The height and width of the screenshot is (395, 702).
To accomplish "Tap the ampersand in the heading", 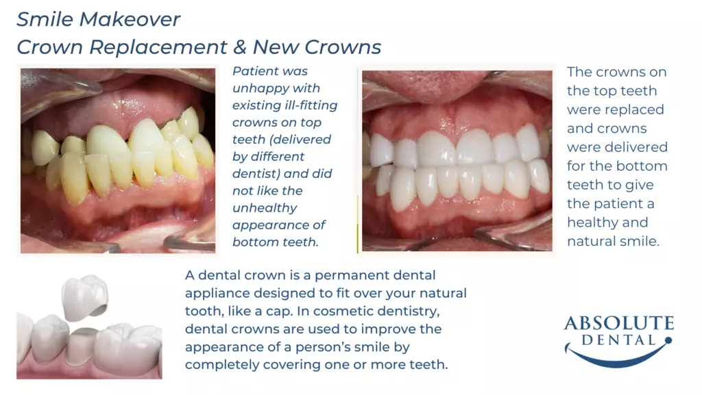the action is [x=239, y=47].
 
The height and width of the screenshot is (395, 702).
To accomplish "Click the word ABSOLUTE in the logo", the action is [x=619, y=323].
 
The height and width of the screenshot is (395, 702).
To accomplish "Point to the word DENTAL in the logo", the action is [x=618, y=340].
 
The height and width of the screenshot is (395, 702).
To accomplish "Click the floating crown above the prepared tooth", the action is [x=85, y=296].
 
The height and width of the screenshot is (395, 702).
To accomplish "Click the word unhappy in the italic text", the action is [x=276, y=89].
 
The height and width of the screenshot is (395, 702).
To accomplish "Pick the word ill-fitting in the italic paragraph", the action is [x=311, y=105].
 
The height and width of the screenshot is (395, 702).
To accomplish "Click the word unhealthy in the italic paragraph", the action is [x=265, y=208].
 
